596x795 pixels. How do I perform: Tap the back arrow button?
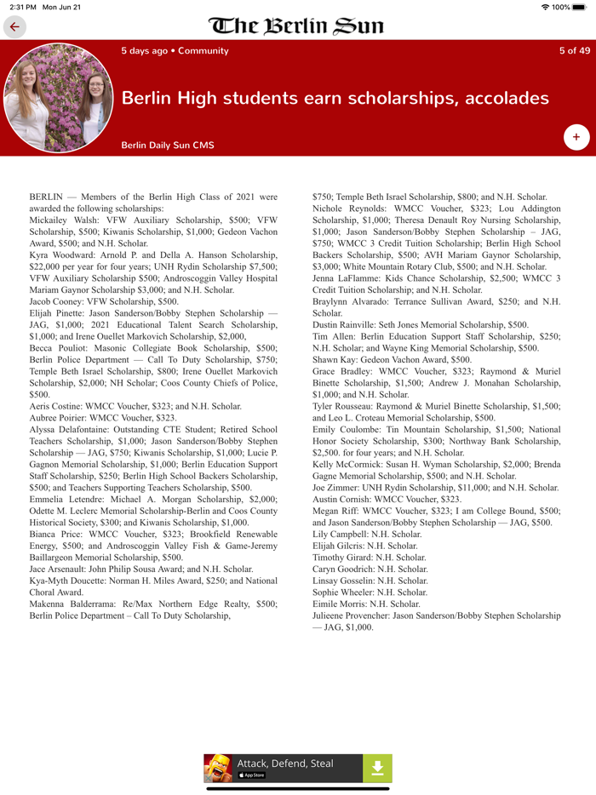14,27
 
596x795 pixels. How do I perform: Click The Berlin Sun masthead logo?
296,26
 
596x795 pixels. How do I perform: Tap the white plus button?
576,136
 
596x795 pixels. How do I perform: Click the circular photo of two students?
58,98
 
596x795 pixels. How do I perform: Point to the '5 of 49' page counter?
574,51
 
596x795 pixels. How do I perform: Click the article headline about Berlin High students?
335,98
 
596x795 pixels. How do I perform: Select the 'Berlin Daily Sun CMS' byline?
168,146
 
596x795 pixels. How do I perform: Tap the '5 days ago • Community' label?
175,51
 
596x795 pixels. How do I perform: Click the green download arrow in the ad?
377,768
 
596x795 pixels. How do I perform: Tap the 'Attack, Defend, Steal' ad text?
285,764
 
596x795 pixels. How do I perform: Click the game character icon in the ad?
218,768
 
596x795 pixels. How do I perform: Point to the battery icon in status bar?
580,7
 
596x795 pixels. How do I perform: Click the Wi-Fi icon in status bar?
545,7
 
